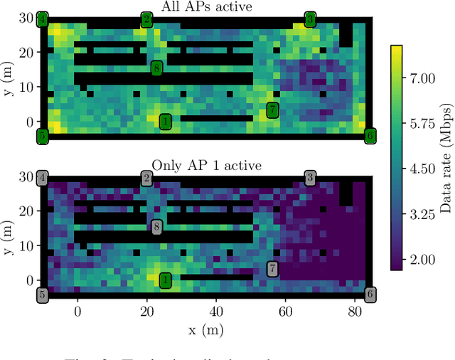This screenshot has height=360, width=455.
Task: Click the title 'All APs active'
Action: [x=206, y=7]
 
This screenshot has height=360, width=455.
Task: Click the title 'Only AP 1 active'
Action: [x=206, y=166]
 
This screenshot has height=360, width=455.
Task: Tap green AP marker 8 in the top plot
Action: [x=156, y=68]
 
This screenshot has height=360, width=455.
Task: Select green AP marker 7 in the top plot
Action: [x=272, y=110]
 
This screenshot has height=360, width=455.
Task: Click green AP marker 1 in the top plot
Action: [x=165, y=122]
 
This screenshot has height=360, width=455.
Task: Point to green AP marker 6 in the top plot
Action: [x=370, y=135]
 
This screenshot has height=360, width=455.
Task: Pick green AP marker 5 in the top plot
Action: [x=43, y=135]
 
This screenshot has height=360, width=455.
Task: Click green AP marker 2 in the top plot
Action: [x=146, y=19]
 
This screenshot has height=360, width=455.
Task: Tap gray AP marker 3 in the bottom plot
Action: [x=310, y=178]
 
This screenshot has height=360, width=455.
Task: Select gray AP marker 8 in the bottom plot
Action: [x=156, y=227]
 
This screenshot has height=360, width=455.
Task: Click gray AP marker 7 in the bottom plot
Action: [x=272, y=268]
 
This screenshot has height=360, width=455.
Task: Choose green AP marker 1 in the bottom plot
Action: [x=165, y=280]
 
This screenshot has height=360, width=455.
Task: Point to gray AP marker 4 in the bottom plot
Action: [x=43, y=178]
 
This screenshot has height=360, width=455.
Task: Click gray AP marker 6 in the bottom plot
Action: [x=370, y=294]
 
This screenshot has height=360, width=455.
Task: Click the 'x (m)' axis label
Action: [x=206, y=329]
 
